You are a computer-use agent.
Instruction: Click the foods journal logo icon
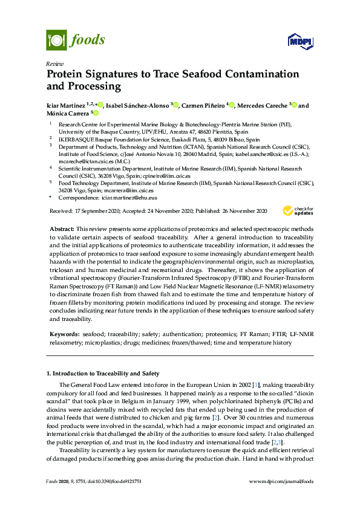pos(56,41)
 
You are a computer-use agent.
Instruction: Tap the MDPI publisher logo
pos(301,41)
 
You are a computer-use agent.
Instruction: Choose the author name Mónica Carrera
pos(67,113)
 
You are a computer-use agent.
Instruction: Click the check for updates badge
pos(297,211)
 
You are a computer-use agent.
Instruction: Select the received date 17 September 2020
pos(96,211)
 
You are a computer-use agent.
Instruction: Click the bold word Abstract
pos(61,230)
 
